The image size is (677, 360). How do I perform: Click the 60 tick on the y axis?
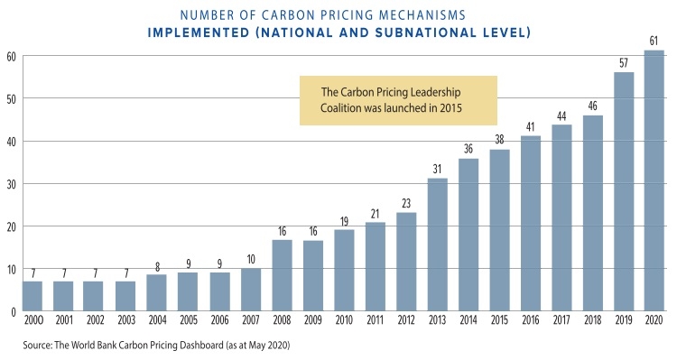[x=12, y=56]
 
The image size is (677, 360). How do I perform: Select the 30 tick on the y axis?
[x=12, y=184]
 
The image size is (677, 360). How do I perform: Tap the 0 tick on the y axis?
[x=14, y=312]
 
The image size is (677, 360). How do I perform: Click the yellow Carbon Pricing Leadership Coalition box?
[x=398, y=100]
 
